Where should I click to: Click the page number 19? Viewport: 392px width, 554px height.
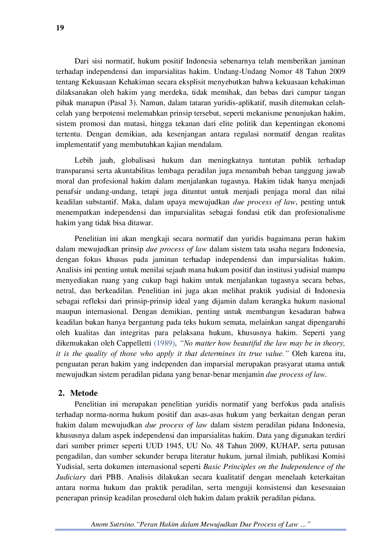[60, 28]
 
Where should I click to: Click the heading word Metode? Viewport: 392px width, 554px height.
[84, 393]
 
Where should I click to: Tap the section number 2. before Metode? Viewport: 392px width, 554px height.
[61, 393]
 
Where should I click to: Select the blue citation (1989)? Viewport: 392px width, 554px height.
[164, 343]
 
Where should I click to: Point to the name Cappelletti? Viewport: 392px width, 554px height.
[134, 343]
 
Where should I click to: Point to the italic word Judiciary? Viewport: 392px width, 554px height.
[71, 478]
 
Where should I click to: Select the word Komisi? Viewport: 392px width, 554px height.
[334, 456]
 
